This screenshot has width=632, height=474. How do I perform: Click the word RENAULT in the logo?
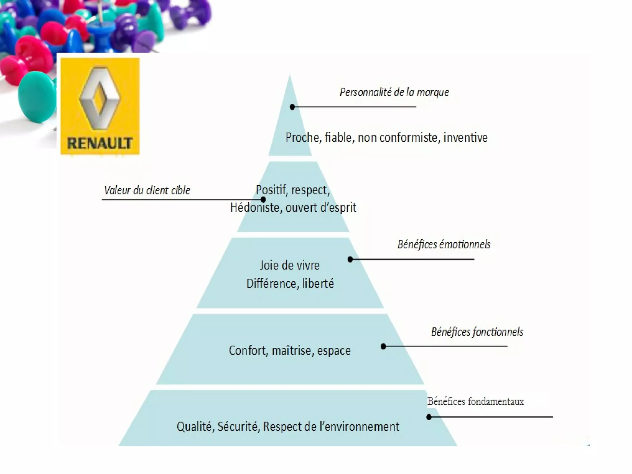point(100,143)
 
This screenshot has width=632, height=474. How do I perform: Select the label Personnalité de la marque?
point(394,92)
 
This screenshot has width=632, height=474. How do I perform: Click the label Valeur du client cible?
point(147,190)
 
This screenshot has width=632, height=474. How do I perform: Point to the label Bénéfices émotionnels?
point(444,244)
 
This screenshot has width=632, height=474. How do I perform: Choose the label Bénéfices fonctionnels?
point(477,332)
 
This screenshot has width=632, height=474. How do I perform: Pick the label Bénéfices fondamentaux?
point(475,401)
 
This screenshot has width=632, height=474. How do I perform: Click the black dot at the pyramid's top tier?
point(292,107)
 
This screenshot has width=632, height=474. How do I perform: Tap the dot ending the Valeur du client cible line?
point(263,200)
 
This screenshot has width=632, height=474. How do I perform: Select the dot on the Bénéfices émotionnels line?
point(350,259)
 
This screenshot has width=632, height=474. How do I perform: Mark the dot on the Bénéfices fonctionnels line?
point(383,347)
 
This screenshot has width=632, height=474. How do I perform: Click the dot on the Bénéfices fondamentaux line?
point(429,417)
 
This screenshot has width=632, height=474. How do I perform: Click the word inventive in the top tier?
point(465,138)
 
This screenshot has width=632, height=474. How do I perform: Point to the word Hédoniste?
point(255,207)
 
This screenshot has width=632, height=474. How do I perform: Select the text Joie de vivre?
point(289,265)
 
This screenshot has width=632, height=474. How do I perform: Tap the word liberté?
point(318,283)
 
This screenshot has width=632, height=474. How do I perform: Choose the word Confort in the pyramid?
point(248,351)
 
